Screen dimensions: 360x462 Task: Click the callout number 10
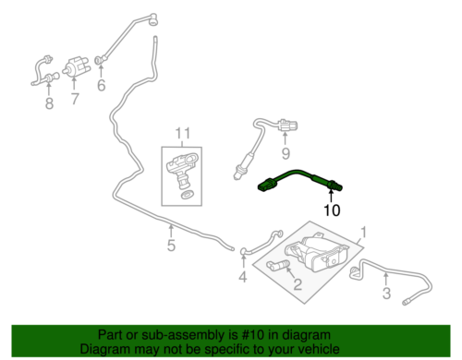pyautogui.click(x=331, y=210)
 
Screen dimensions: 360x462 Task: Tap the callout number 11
pyautogui.click(x=183, y=134)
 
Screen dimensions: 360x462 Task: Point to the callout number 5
pyautogui.click(x=170, y=246)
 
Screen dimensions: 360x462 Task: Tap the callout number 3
pyautogui.click(x=385, y=294)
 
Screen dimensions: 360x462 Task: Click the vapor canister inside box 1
pyautogui.click(x=318, y=254)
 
